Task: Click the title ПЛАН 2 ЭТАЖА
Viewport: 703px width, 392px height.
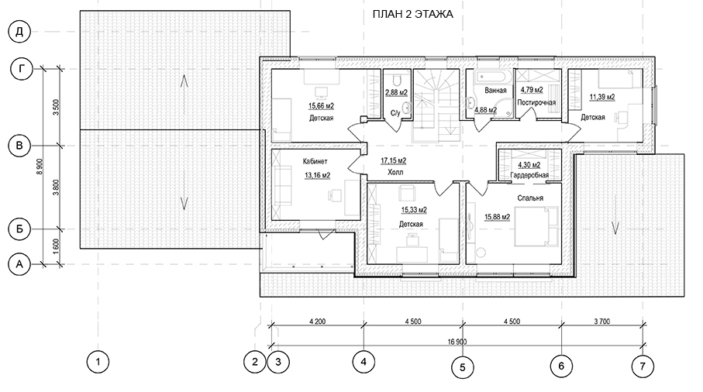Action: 412,15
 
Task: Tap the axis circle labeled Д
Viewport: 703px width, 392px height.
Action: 19,32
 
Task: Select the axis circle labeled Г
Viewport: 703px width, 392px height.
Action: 22,70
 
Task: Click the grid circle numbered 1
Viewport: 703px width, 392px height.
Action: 98,362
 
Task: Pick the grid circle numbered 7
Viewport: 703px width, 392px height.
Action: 643,366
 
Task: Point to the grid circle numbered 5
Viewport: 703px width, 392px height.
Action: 463,367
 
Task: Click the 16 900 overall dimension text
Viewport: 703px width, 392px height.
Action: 457,342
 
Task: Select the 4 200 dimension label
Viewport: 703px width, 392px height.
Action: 318,322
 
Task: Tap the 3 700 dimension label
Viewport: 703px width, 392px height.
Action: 601,322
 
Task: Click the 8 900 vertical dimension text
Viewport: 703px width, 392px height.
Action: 40,167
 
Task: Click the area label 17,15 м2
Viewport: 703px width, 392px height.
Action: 394,161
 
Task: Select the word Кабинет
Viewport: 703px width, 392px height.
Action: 315,161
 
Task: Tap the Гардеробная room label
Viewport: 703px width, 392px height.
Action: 529,175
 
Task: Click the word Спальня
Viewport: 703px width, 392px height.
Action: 530,198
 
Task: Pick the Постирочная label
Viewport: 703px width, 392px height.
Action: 536,102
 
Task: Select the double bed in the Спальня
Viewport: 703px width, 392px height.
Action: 536,226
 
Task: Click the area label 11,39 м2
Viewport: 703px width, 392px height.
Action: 602,97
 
